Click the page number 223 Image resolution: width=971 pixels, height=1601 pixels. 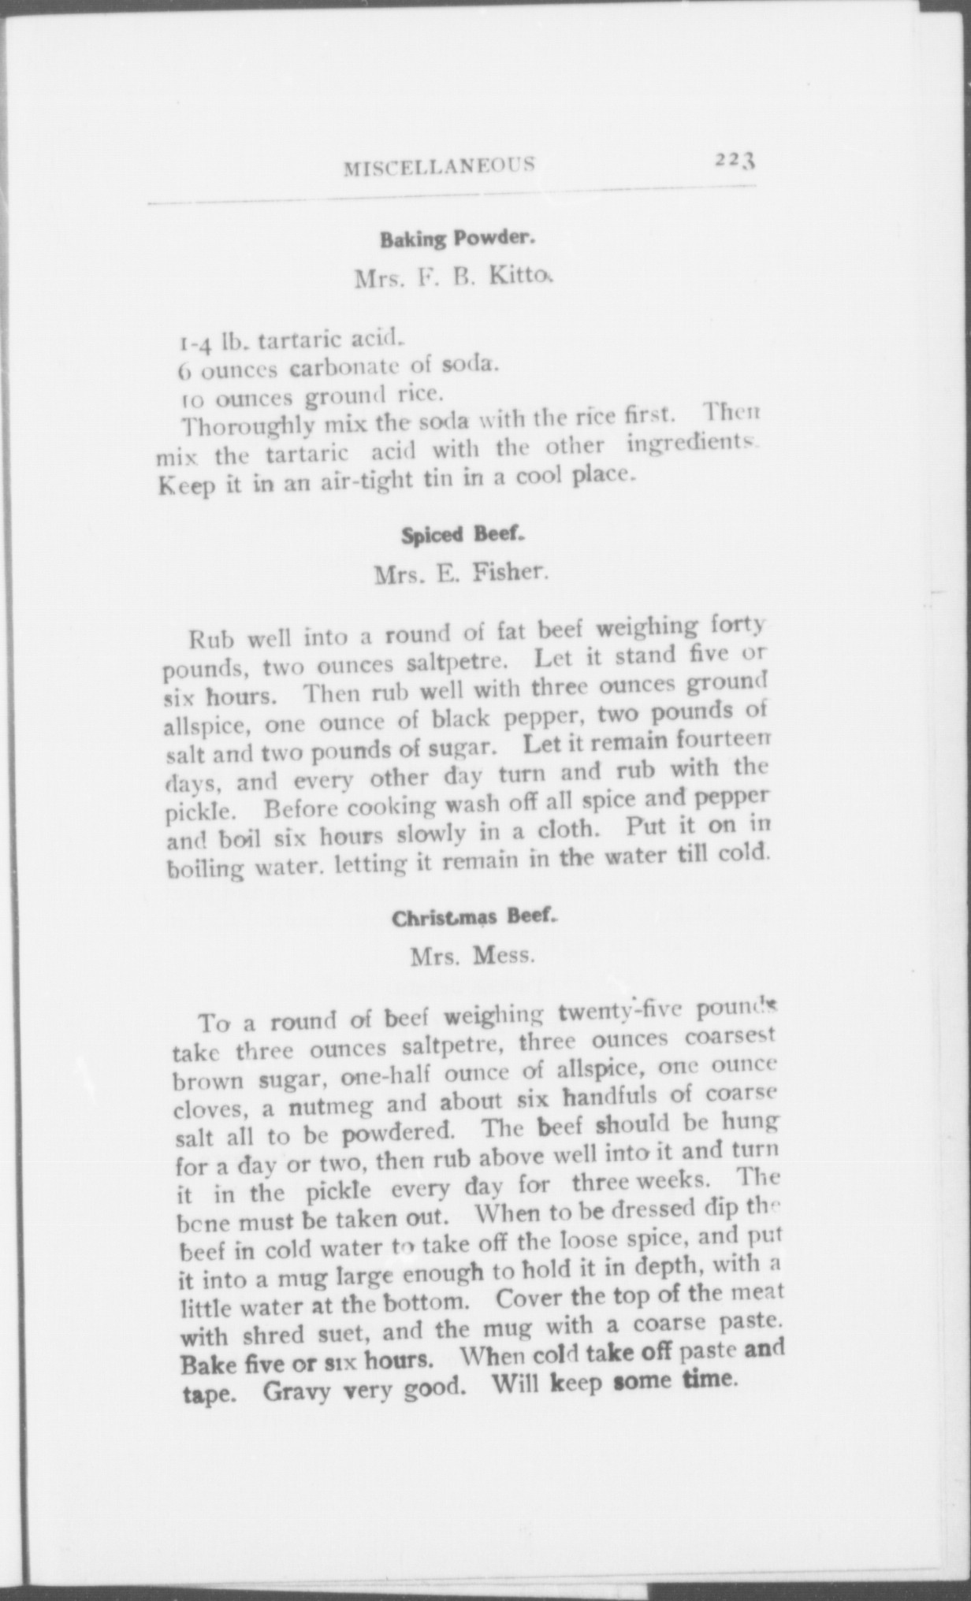coord(735,159)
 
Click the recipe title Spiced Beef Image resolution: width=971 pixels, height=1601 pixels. coord(463,536)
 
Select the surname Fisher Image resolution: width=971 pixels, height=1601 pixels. coord(509,574)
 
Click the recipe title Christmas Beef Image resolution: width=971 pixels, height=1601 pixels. coord(475,918)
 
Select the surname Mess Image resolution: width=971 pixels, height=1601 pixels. coord(504,957)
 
